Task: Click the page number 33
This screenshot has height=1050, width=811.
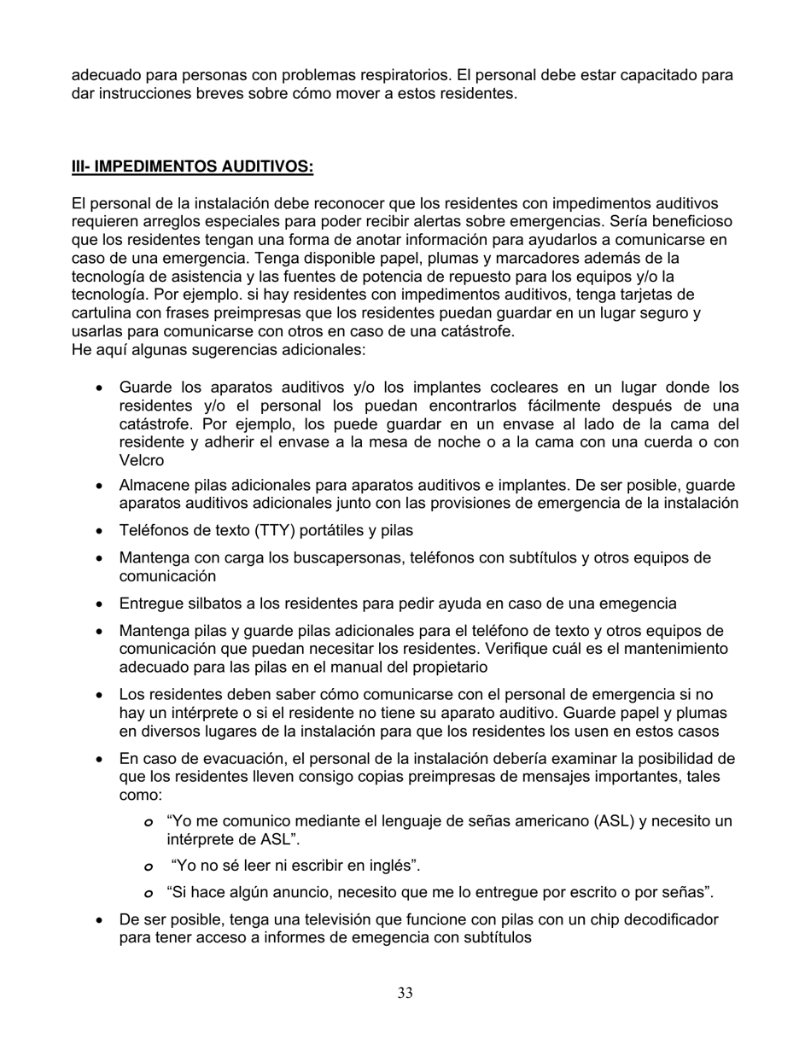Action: pyautogui.click(x=405, y=993)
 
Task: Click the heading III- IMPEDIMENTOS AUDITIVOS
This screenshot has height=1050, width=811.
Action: pyautogui.click(x=192, y=166)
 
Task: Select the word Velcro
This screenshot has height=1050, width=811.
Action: pyautogui.click(x=142, y=460)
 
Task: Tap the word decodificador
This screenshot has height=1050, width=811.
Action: pyautogui.click(x=669, y=919)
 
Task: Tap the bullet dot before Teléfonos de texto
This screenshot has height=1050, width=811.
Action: pyautogui.click(x=100, y=532)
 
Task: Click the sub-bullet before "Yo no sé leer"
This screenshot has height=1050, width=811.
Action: pyautogui.click(x=147, y=866)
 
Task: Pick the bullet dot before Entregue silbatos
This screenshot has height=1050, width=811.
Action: pyautogui.click(x=100, y=604)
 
